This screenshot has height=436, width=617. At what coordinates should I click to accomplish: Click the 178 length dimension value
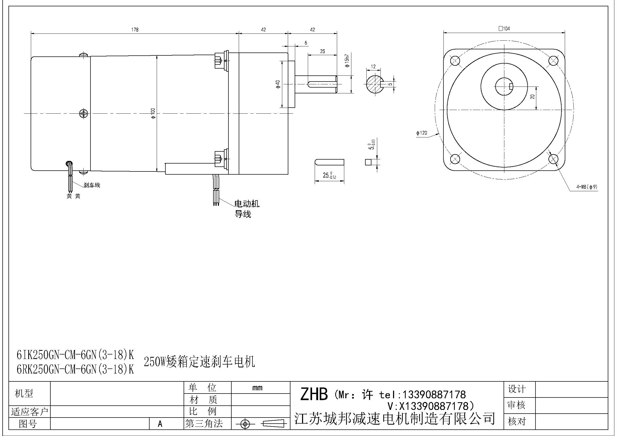135,30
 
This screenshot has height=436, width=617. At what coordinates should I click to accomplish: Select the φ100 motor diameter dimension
153,113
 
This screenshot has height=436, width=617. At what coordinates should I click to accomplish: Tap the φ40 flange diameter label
278,84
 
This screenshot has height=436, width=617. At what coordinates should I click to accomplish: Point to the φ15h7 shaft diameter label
347,61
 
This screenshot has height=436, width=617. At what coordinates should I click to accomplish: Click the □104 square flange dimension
504,28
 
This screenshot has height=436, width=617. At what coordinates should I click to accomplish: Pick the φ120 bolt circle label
422,133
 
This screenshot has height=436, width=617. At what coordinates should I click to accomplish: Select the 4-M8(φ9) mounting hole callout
587,187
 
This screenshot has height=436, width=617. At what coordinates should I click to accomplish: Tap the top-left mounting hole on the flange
455,60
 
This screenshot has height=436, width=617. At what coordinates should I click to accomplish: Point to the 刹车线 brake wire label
92,185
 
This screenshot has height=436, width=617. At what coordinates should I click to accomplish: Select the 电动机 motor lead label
247,204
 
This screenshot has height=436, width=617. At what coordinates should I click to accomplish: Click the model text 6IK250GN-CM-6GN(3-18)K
75,355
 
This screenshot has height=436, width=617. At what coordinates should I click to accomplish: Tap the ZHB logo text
314,394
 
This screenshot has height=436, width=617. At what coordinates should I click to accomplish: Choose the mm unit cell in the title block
257,388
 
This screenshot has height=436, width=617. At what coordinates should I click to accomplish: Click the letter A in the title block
160,424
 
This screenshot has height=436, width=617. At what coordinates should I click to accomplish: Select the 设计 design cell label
517,389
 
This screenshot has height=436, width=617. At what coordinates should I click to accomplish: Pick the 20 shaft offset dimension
532,97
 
